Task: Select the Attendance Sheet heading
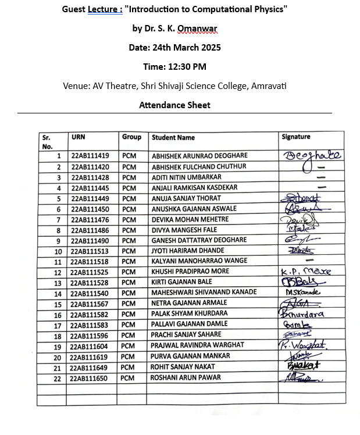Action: (174, 105)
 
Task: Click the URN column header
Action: (78, 137)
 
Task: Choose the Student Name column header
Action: (173, 138)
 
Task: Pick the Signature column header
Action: (296, 137)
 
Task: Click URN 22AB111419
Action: (90, 156)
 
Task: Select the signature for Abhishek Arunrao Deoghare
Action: (311, 155)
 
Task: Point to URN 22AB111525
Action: (90, 272)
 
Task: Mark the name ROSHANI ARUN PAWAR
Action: (187, 377)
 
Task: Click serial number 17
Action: (58, 325)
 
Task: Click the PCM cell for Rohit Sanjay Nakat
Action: (128, 367)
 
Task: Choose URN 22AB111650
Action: (90, 378)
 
